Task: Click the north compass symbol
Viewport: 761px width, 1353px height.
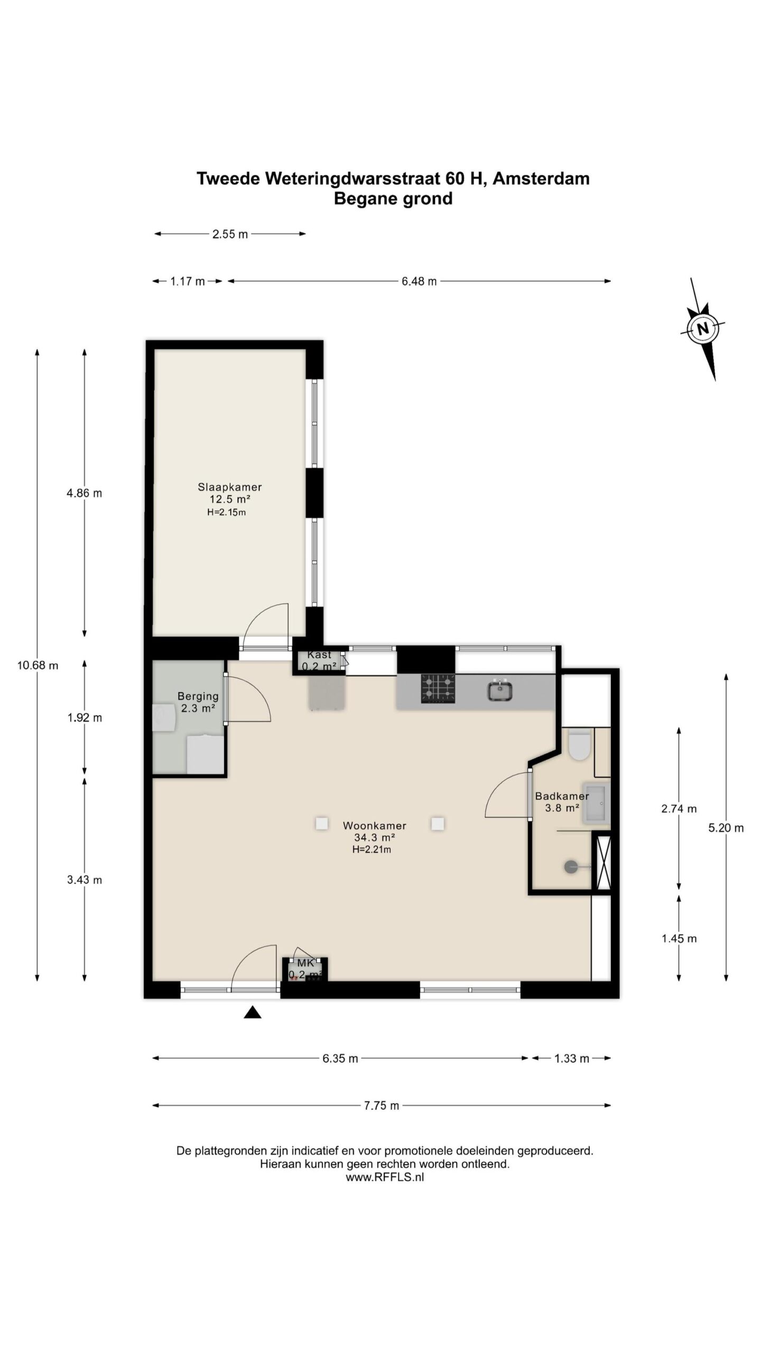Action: [702, 329]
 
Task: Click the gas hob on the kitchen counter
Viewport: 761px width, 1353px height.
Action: [438, 688]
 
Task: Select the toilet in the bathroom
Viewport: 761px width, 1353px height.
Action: [580, 744]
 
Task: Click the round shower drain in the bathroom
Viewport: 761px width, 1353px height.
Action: [571, 867]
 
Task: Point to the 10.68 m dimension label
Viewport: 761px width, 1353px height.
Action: [38, 665]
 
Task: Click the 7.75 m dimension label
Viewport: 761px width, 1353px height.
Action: [382, 1106]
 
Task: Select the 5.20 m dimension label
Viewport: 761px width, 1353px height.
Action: [726, 828]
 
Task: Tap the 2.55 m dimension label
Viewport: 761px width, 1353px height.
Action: [230, 234]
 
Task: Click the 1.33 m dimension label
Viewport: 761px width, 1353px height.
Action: [572, 1058]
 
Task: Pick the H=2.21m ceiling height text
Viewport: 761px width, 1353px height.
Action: [372, 850]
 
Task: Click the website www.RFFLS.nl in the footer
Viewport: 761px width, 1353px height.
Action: [385, 1176]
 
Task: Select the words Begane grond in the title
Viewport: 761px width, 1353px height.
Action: [393, 199]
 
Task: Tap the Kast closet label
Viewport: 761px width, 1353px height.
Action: [319, 655]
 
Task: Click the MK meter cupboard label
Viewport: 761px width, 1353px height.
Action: [305, 963]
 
